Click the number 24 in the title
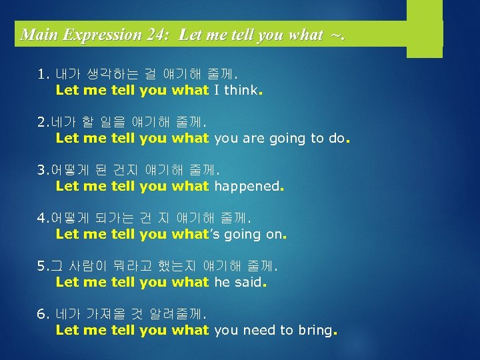[159, 35]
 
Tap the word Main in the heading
[37, 35]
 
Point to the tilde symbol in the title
[334, 35]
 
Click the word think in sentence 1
[241, 90]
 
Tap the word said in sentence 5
[249, 282]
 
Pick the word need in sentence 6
[255, 330]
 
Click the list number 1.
[42, 75]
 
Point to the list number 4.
[42, 219]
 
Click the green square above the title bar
[425, 10]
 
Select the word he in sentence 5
[221, 282]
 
